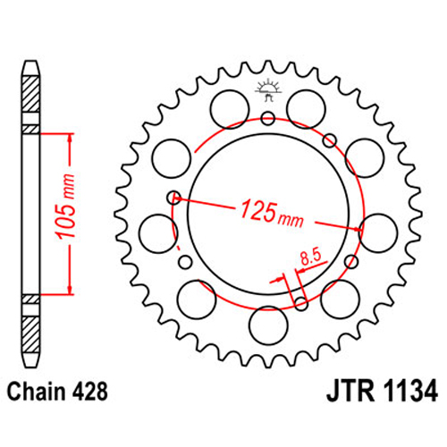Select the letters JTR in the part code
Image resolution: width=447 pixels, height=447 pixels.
350,392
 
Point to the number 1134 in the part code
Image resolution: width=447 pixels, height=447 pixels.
410,392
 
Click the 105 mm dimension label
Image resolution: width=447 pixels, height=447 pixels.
66,207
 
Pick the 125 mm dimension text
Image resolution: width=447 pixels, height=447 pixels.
272,214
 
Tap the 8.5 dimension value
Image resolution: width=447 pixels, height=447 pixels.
310,257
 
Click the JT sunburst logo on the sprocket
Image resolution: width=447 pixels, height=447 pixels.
268,89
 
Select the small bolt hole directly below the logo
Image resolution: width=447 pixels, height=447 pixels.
268,119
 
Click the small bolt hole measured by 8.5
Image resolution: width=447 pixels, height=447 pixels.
301,303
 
